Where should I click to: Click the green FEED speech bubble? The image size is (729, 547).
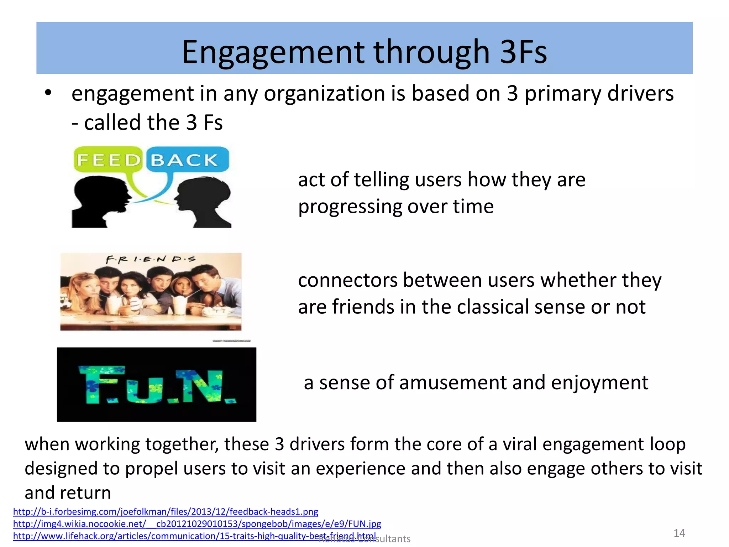[108, 160]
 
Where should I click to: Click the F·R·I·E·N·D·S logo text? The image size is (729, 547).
[151, 260]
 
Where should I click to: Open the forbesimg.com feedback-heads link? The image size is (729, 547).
[166, 512]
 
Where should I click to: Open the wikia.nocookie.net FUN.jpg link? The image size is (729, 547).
[197, 524]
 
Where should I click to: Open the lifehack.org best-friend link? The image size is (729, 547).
[194, 536]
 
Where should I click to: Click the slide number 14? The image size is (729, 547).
[679, 533]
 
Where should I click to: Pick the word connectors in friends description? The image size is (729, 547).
[347, 280]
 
